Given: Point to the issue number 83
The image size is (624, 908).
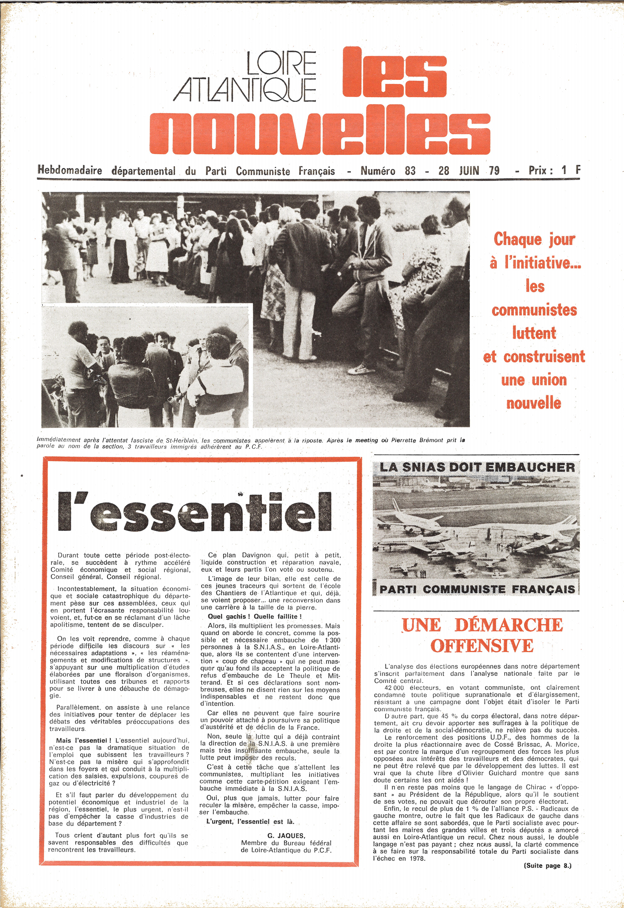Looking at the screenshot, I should [410, 171].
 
